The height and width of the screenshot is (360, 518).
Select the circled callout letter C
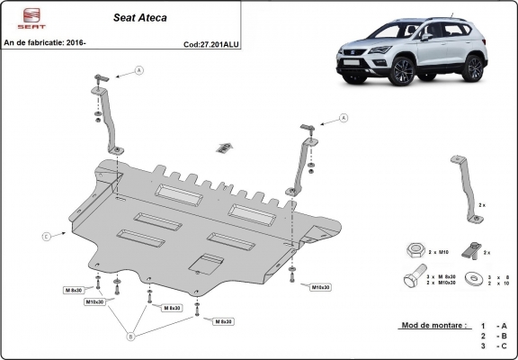[x=46, y=238]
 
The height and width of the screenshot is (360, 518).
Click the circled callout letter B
[x=131, y=337]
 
